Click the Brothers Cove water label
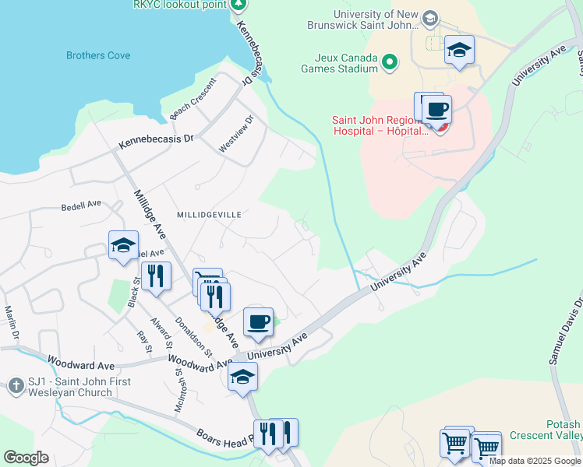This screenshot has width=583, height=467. point(98,56)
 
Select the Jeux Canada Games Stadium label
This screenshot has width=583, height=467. point(346,63)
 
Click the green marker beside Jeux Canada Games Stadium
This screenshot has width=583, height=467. point(390,60)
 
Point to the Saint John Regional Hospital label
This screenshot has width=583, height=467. point(380,125)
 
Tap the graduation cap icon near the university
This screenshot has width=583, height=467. point(459,51)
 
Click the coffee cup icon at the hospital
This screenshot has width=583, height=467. point(438,108)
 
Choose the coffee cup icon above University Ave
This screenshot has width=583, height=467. point(258,320)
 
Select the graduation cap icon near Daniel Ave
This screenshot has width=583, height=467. point(123,246)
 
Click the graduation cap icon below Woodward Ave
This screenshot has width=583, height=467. point(242,377)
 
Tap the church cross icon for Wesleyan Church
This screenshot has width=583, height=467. point(16,385)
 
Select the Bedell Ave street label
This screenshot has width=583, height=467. point(82,205)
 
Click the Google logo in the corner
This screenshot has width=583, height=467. point(26,458)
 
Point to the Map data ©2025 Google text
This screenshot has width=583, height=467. point(535,462)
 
